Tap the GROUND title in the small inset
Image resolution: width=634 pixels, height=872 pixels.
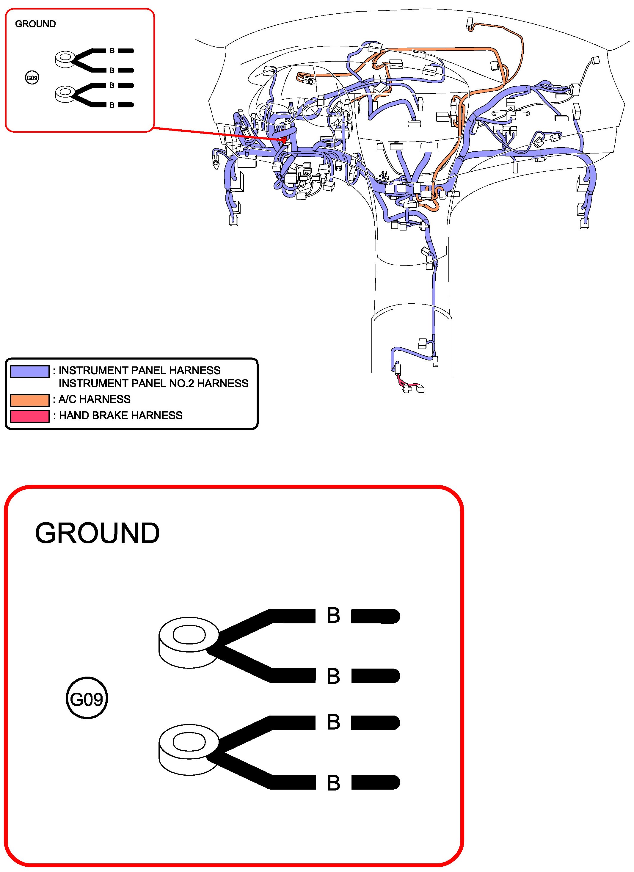tap(35, 24)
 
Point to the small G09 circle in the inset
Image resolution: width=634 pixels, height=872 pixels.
tap(32, 78)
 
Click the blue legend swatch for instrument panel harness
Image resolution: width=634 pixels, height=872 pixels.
tap(30, 371)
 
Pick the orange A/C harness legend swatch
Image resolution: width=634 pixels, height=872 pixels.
tap(30, 400)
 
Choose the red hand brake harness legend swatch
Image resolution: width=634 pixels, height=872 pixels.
tap(30, 416)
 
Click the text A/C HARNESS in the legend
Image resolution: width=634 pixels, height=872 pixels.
tap(94, 399)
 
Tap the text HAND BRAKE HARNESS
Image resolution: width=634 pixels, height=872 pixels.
tap(120, 415)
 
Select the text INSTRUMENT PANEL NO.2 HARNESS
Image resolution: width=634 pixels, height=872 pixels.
tap(153, 383)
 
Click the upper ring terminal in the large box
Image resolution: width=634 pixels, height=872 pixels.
tap(189, 642)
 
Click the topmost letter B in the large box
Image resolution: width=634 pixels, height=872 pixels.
tap(333, 615)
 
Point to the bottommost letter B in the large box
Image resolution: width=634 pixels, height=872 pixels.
tap(333, 783)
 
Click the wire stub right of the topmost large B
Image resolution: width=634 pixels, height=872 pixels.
tap(376, 616)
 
